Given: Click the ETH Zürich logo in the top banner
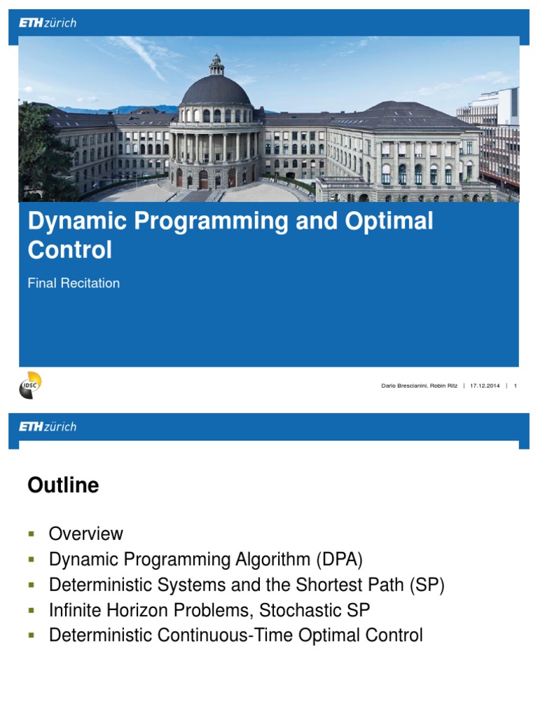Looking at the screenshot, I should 48,23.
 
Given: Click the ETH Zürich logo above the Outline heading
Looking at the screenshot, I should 48,426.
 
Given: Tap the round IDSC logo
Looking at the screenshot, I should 30,386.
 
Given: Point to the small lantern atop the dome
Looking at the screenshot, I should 216,65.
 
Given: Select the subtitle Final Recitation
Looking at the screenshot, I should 74,283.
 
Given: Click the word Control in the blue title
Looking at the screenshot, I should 69,250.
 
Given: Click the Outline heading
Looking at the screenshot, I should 63,485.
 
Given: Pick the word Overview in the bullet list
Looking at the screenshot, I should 85,534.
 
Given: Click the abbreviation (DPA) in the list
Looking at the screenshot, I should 339,560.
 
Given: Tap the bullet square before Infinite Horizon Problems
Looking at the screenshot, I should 31,611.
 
